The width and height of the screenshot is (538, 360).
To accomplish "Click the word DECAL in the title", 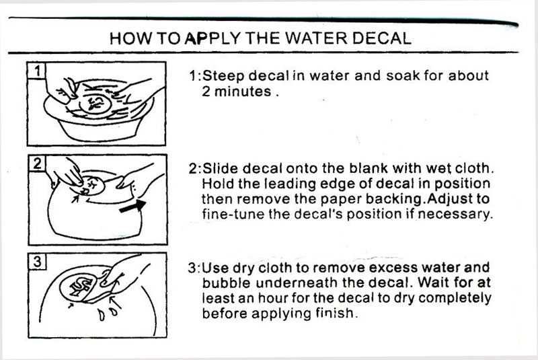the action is tap(381, 38).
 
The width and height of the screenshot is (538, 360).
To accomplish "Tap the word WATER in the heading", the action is tap(317, 38).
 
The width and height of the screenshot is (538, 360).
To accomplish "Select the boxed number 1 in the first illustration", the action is tap(37, 71).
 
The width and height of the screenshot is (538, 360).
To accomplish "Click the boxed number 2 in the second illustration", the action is tap(37, 164).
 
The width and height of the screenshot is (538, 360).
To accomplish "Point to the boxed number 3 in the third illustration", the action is tap(38, 262).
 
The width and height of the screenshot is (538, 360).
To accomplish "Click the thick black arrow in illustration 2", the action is tap(132, 207).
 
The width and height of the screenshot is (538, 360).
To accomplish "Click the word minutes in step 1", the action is tap(243, 92).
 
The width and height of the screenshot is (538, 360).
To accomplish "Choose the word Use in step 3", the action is tap(215, 268).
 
